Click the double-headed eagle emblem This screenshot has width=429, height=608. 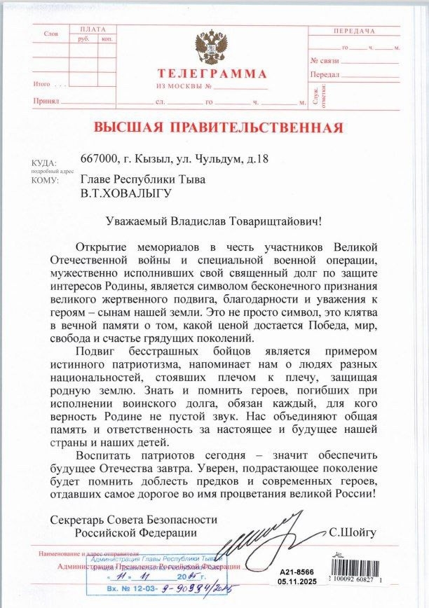coord(211,47)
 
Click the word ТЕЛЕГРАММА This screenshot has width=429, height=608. coord(212,74)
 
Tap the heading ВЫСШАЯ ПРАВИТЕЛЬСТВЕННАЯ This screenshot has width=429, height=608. coord(218,127)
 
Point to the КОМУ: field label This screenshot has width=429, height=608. coord(45,180)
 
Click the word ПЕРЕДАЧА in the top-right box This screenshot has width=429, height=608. coord(354,32)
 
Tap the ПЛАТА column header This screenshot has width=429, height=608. coord(93,29)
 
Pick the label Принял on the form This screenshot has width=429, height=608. coord(46,102)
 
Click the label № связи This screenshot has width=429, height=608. coord(325,61)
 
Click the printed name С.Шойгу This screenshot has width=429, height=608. coord(353,533)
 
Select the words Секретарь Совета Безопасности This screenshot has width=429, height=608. coord(134,520)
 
